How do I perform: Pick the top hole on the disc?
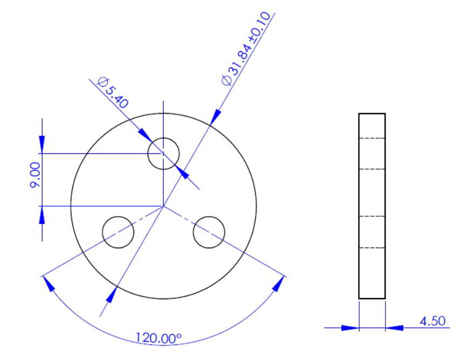click(x=163, y=153)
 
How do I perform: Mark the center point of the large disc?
click(x=163, y=206)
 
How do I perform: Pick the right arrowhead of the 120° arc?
click(x=278, y=285)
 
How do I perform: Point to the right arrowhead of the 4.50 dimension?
click(x=393, y=327)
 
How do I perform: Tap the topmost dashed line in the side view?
click(x=372, y=138)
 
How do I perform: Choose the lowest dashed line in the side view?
click(x=372, y=248)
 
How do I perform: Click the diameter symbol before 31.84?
click(x=227, y=79)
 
